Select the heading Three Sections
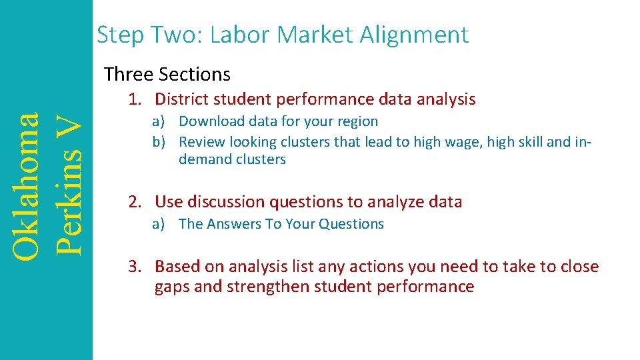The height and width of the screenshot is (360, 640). pos(167,74)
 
